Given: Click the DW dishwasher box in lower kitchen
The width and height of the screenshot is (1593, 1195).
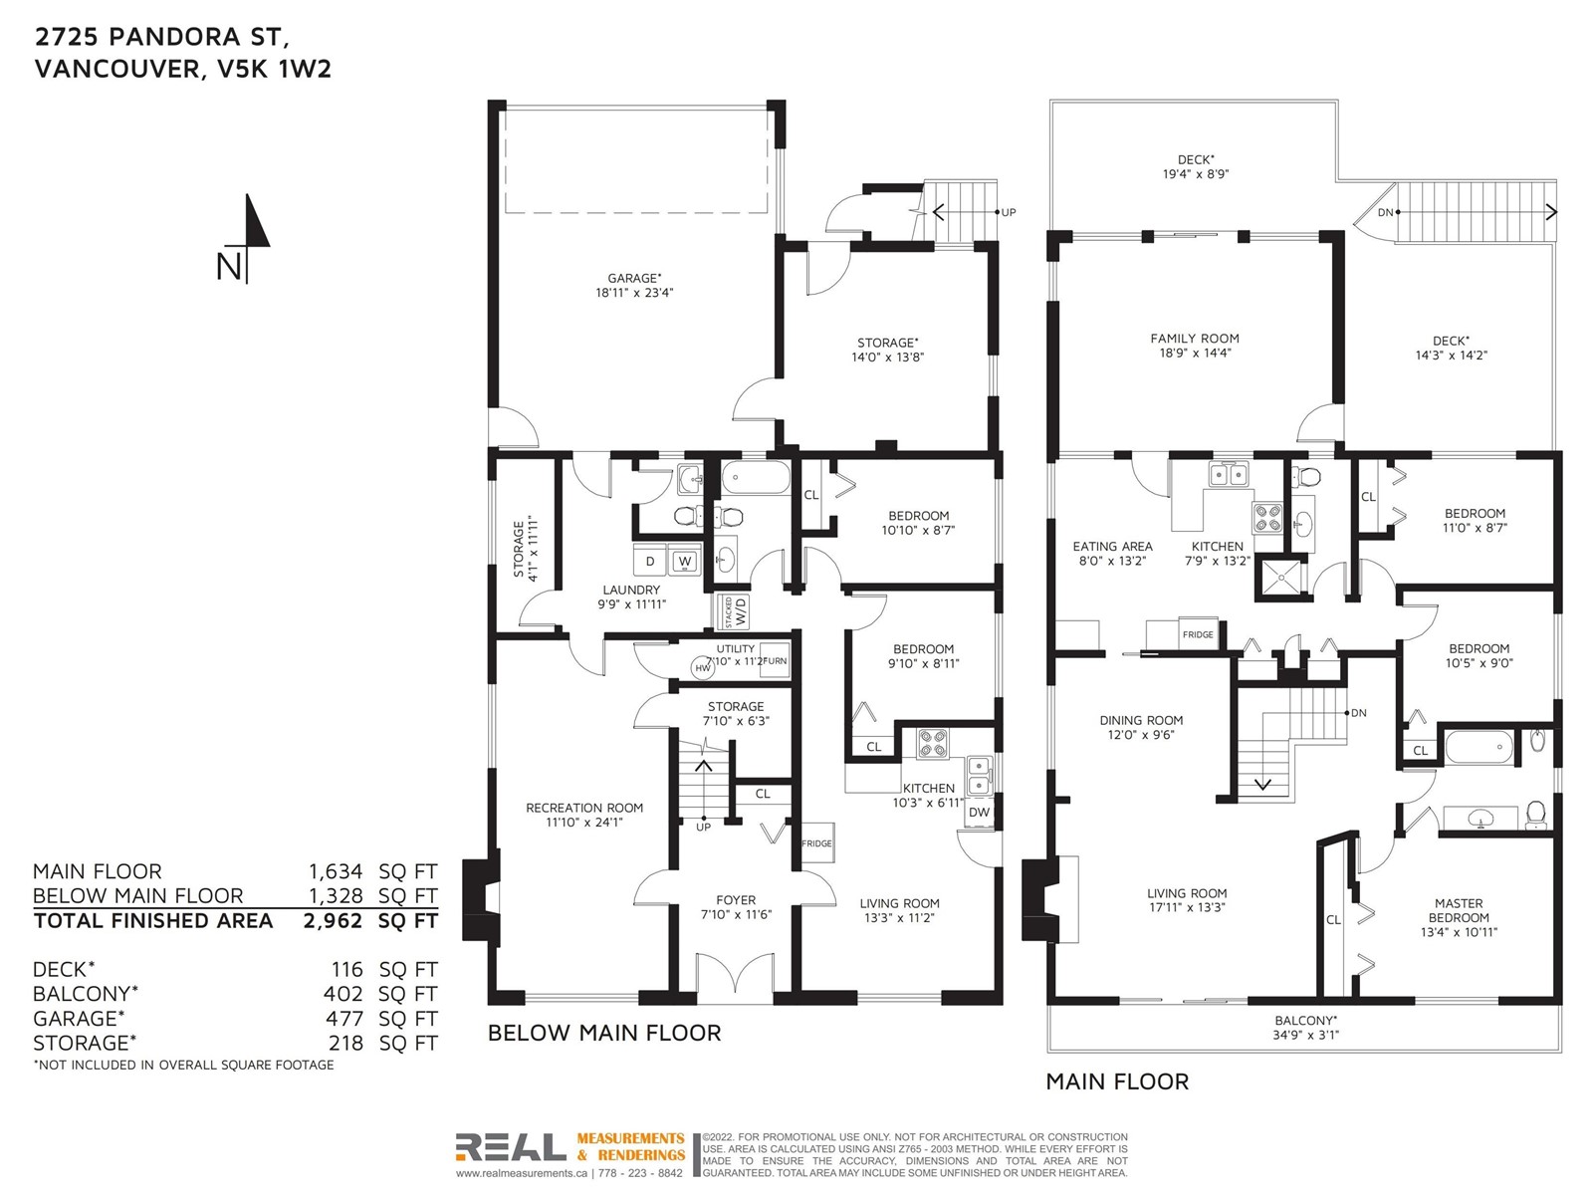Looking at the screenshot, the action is [979, 812].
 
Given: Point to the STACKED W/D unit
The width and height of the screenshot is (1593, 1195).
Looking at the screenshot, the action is [732, 612].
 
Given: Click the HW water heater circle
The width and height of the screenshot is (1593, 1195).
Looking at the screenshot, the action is [703, 668].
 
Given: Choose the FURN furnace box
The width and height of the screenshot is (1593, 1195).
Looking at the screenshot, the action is [775, 660].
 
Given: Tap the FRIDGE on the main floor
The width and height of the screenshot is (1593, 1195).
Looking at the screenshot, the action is [1198, 634].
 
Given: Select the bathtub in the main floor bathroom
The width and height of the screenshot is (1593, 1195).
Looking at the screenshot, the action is [1479, 747].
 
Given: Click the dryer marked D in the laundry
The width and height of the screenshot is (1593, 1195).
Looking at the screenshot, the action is [650, 561].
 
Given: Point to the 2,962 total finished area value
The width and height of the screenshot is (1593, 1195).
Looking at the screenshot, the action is [333, 921].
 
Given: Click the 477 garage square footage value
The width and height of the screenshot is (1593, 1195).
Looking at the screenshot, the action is [344, 1019].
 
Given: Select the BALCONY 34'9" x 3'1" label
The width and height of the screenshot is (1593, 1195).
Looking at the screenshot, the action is [1306, 1028].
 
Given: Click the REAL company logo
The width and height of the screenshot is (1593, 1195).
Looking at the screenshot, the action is [510, 1147].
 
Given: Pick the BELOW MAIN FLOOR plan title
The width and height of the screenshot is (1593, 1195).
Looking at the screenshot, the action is [604, 1033].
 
